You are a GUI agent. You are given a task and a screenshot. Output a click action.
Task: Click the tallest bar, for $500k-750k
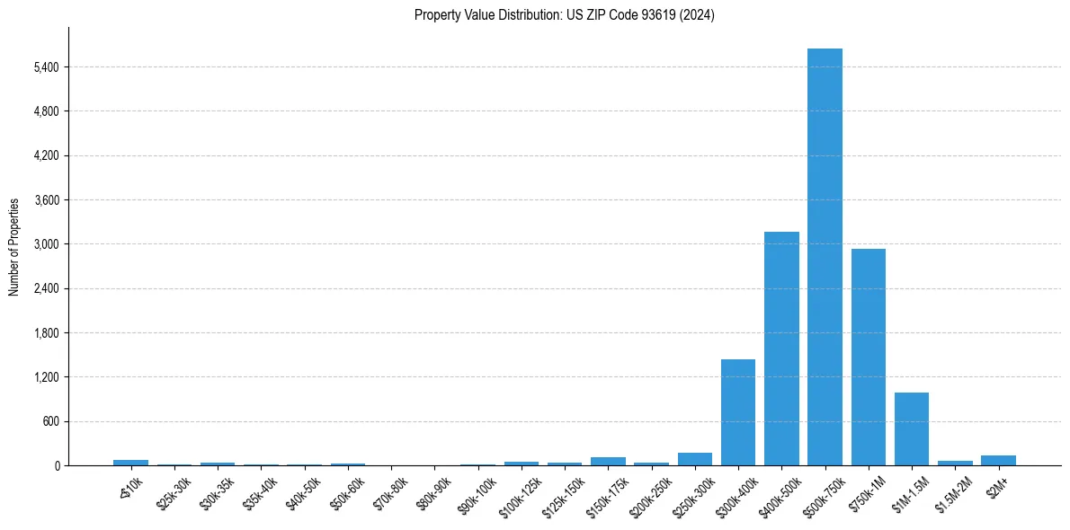pos(825,257)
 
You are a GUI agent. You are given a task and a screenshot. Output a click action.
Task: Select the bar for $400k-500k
pos(781,349)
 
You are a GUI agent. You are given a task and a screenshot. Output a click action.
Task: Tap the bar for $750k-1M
pos(869,357)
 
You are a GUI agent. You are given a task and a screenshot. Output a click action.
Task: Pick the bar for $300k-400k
pos(738,412)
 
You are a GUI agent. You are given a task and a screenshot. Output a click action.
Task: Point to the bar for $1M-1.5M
pos(912,428)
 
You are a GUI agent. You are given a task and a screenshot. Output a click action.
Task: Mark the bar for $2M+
pos(998,460)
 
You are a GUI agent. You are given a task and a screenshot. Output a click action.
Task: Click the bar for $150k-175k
pos(608,461)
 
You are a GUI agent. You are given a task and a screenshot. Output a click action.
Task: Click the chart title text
pos(565,15)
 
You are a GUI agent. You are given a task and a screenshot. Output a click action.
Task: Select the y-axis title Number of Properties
pos(14,247)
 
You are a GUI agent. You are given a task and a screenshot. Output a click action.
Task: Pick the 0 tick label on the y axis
pos(56,466)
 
